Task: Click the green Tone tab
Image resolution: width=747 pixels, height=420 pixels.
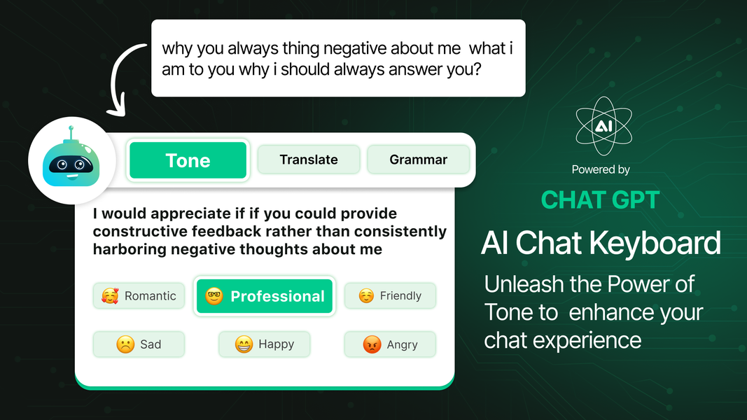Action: point(188,160)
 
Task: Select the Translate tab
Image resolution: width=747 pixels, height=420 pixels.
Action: point(309,160)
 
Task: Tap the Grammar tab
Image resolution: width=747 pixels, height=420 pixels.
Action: point(418,160)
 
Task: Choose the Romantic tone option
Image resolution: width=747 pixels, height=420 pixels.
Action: point(139,295)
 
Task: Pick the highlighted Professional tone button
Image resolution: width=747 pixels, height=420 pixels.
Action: point(265,296)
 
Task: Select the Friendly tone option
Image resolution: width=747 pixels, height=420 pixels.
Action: point(390,295)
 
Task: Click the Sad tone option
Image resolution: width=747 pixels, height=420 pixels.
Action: point(139,344)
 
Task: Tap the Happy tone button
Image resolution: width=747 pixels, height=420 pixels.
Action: point(264,344)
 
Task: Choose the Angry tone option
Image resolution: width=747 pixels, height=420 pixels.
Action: point(390,344)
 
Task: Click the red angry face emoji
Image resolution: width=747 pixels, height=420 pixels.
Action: point(372,344)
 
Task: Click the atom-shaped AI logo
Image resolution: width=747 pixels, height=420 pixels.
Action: point(603,126)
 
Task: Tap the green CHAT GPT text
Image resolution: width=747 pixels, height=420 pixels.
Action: point(600,200)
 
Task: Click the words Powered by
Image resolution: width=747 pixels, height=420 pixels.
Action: point(601,169)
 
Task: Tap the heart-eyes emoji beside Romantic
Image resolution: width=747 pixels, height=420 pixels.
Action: point(110,295)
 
